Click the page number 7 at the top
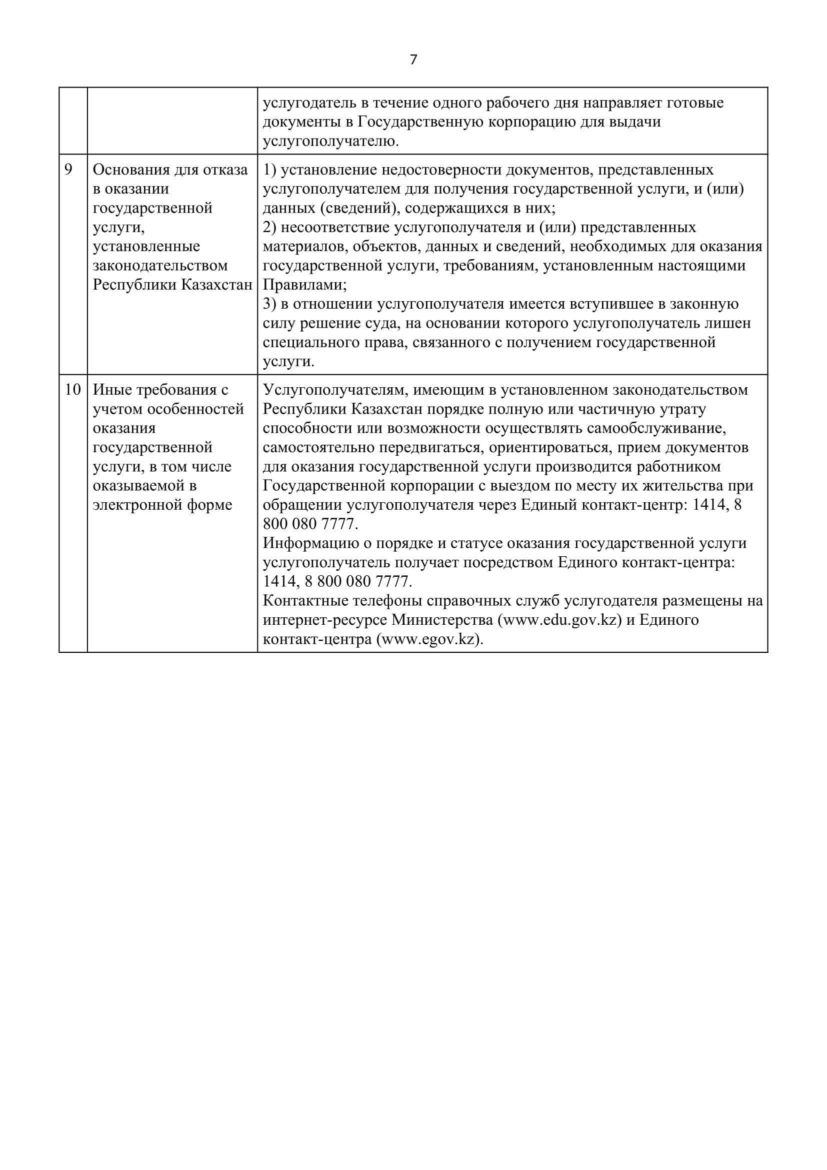413,60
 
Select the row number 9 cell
68,170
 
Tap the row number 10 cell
73,390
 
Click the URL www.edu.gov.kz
559,620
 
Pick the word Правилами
303,285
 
